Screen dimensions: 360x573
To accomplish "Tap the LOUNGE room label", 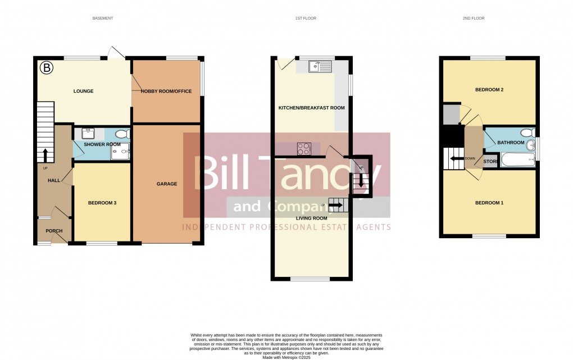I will coord(83,91).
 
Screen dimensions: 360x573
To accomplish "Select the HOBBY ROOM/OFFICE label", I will coord(166,92).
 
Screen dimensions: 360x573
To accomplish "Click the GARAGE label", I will coord(167,184).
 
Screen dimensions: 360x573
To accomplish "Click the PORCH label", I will coord(54,231).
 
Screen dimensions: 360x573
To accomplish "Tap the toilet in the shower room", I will coord(124,134).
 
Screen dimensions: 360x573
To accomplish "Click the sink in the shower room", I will coord(88,133).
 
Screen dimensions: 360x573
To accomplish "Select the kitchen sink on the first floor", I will coord(320,67).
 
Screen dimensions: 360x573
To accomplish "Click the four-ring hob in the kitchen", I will coord(303,149).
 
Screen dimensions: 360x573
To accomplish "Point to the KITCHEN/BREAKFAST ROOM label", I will coord(312,107).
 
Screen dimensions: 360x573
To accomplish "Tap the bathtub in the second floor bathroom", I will coord(517,160).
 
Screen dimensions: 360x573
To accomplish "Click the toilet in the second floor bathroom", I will coord(527,133).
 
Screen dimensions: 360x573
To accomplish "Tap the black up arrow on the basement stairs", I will coord(44,154).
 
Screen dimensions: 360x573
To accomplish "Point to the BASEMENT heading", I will coord(103,19).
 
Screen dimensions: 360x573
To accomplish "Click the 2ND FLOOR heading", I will coord(473,19).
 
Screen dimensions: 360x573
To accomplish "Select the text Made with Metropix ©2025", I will coord(286,357).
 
